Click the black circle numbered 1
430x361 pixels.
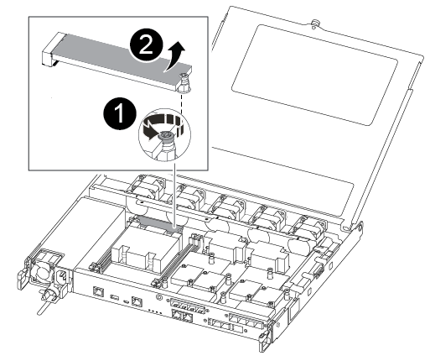point(120,113)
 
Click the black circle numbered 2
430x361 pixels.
point(146,44)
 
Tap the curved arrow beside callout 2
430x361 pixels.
point(175,57)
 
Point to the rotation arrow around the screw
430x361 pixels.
point(160,125)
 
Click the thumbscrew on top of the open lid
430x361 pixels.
point(315,23)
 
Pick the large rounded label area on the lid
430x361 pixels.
point(314,75)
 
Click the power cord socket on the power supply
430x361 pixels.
point(60,276)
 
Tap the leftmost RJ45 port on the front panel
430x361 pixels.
point(98,291)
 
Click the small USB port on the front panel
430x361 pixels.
point(115,296)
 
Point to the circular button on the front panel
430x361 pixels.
point(159,297)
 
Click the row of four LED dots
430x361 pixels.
point(155,311)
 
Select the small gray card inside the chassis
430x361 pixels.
point(158,222)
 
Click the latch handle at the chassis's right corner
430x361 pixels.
point(265,339)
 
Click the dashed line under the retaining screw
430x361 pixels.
point(182,102)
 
